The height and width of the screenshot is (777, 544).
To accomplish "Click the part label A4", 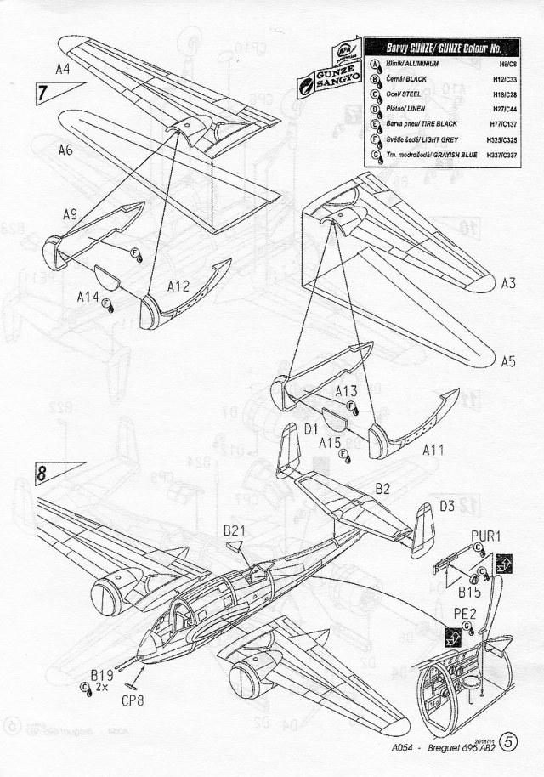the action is (62, 67).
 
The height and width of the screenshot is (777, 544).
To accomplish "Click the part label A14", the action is (88, 297).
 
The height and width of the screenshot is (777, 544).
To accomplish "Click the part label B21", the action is (235, 530).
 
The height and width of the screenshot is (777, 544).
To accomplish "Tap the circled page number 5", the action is (510, 741).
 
